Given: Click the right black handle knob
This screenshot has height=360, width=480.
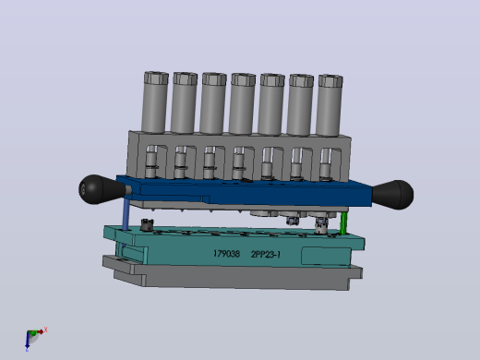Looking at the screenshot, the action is click(x=393, y=195).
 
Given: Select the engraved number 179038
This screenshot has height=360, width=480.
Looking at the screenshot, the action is click(x=226, y=254).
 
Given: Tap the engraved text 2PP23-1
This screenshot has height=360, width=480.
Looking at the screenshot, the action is click(x=266, y=255).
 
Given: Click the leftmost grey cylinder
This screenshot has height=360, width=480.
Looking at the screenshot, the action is click(x=155, y=102).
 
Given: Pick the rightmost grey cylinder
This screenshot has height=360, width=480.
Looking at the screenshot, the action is click(x=330, y=105).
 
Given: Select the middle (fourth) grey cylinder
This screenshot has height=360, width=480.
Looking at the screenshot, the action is click(x=242, y=103).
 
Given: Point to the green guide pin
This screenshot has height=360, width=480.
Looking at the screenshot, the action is click(x=343, y=222).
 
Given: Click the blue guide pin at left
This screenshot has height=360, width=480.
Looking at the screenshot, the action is click(x=126, y=214).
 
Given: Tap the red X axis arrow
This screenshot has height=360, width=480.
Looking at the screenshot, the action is click(x=41, y=331).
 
